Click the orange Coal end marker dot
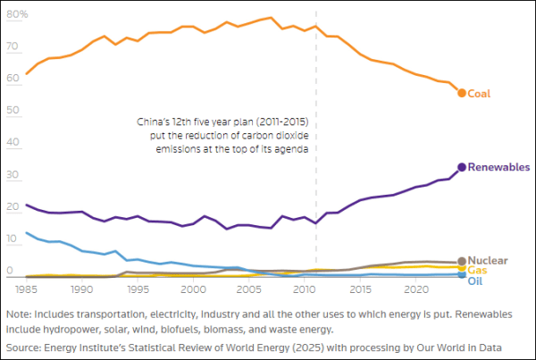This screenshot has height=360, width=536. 462,93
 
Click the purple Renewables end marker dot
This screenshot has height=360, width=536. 462,167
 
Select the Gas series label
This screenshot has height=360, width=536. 477,270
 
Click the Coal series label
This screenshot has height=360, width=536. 480,94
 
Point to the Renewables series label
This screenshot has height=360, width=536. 498,167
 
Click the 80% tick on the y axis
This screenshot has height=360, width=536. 18,15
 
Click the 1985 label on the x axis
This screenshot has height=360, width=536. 26,290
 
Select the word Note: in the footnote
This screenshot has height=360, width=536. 19,315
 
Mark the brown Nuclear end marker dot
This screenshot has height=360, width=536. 462,262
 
